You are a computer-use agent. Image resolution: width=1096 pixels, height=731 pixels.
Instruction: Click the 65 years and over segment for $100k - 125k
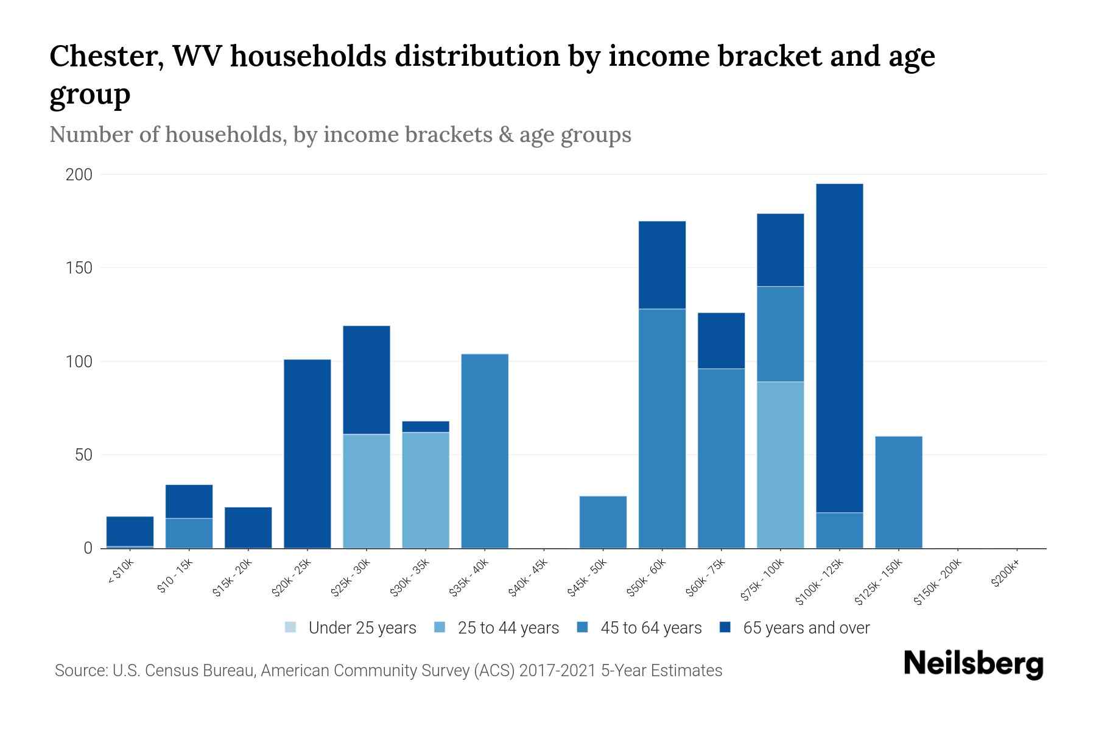(839, 348)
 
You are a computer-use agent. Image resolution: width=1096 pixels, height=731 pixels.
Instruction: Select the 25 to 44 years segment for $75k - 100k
(780, 465)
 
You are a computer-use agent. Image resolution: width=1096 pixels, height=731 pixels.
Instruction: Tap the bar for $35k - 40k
(485, 451)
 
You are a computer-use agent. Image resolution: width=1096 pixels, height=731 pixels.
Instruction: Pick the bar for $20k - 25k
(307, 454)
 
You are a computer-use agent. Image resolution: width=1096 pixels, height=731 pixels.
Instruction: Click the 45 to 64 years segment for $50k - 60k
(662, 428)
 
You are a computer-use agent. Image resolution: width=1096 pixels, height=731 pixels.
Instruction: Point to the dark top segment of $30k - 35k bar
(426, 426)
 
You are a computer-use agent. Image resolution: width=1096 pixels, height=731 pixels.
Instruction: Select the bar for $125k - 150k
(898, 492)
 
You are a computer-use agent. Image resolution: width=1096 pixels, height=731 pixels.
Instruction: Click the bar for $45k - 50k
(603, 522)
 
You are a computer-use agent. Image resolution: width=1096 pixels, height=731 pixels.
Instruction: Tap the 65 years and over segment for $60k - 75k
(721, 341)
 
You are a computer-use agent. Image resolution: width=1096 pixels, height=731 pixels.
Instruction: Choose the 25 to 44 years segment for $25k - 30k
(367, 491)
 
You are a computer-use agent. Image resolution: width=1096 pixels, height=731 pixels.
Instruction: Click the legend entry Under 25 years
(362, 628)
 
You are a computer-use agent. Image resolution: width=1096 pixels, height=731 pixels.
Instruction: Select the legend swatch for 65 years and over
(725, 627)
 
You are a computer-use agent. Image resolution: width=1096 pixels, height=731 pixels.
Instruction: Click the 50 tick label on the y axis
(83, 455)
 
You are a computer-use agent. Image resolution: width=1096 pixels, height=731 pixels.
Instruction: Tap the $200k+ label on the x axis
(1005, 575)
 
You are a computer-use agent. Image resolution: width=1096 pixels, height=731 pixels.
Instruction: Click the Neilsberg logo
(973, 664)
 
